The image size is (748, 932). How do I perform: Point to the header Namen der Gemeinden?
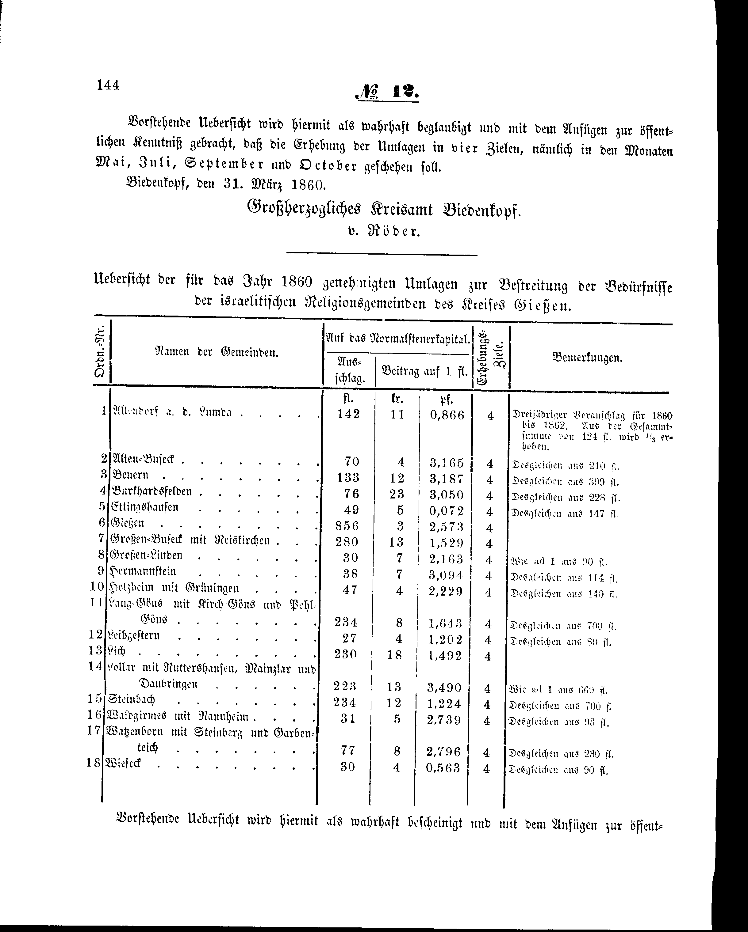[x=216, y=352]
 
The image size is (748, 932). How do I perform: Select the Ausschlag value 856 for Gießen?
[x=348, y=526]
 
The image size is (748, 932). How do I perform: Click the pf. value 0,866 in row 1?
[x=447, y=415]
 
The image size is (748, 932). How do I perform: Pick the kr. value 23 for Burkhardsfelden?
[x=396, y=494]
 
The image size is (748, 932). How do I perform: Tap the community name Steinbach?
[x=132, y=699]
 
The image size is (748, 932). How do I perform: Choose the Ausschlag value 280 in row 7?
[x=348, y=542]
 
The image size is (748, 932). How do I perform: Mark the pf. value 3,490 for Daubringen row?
[x=444, y=687]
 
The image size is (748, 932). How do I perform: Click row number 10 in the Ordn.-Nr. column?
[x=97, y=587]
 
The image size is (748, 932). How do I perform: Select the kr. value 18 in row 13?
[x=395, y=655]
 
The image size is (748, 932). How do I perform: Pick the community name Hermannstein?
[x=143, y=571]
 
